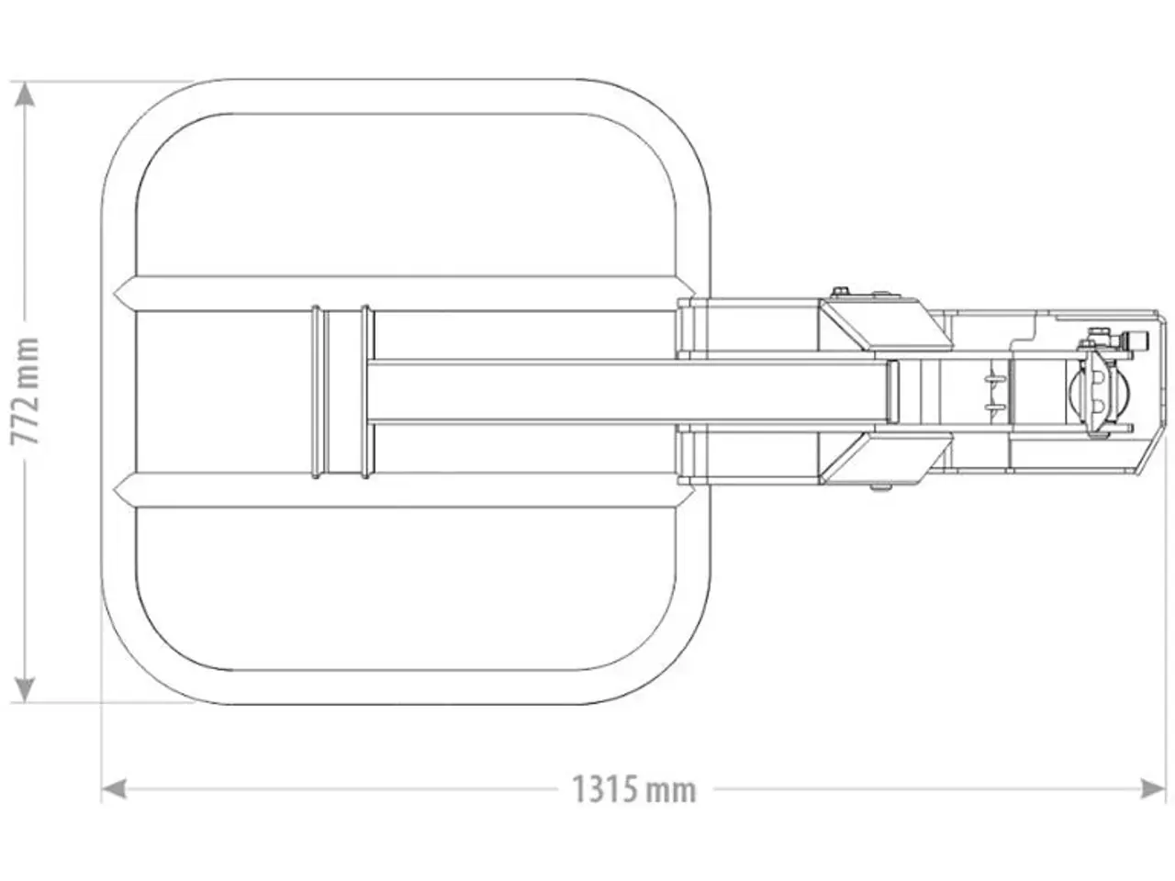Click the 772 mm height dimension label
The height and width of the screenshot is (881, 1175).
click(x=25, y=391)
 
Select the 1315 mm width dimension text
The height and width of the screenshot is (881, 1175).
click(x=633, y=789)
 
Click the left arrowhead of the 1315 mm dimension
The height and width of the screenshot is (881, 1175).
click(x=115, y=789)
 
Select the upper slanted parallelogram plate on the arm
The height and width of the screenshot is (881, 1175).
click(x=886, y=327)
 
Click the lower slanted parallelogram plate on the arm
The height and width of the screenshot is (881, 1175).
click(x=886, y=457)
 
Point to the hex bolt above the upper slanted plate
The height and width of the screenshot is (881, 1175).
click(x=841, y=292)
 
